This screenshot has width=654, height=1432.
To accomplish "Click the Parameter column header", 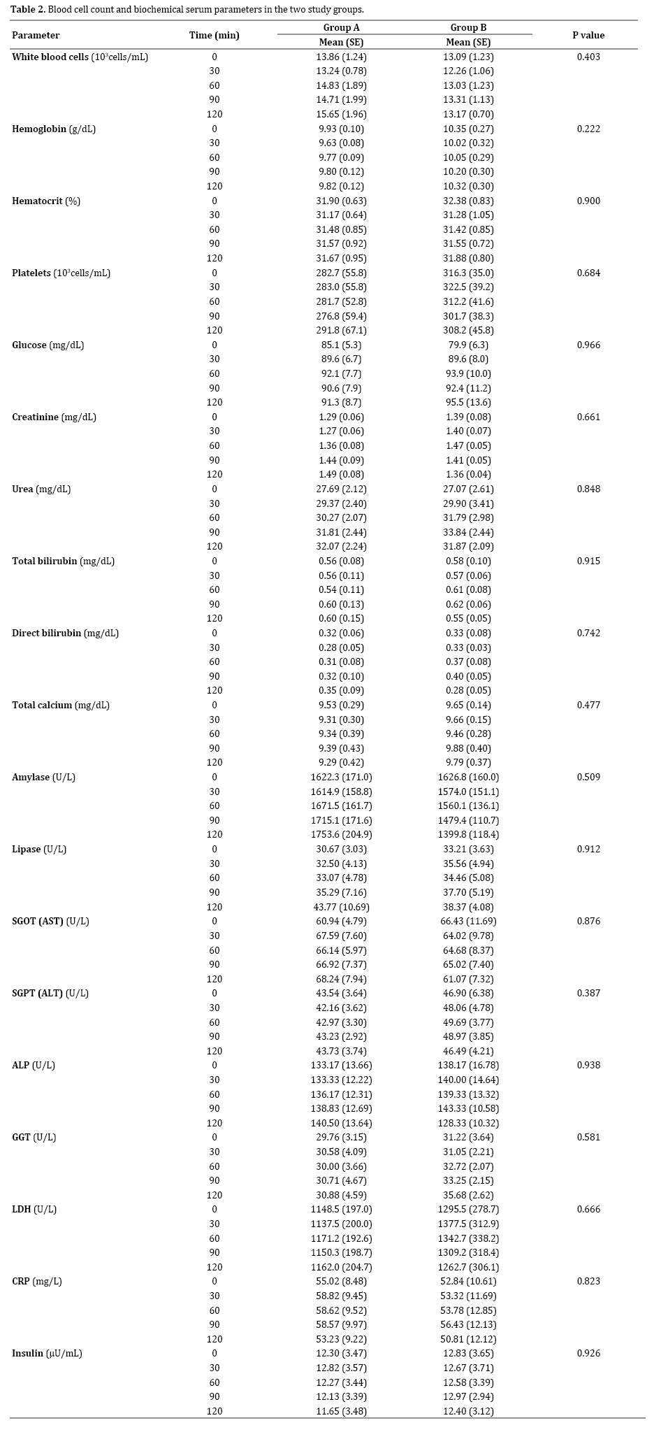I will pyautogui.click(x=36, y=35).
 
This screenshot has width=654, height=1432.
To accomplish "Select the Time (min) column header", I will pyautogui.click(x=215, y=35).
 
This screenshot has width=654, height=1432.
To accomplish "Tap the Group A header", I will pyautogui.click(x=341, y=27).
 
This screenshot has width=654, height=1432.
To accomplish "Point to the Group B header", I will pyautogui.click(x=468, y=27).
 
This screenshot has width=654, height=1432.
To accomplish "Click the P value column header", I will pyautogui.click(x=588, y=35).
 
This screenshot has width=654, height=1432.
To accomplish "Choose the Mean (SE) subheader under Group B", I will pyautogui.click(x=468, y=42).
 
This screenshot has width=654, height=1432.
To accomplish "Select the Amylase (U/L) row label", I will pyautogui.click(x=43, y=777).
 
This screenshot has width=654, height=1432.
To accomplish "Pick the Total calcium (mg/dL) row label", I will pyautogui.click(x=61, y=705).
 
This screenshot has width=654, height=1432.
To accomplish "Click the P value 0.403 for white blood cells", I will pyautogui.click(x=588, y=57).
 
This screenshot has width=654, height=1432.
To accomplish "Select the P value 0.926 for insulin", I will pyautogui.click(x=588, y=1353).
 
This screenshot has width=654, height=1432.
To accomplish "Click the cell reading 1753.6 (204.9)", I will pyautogui.click(x=341, y=834).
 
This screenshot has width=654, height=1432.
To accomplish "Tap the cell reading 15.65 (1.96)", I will pyautogui.click(x=341, y=114).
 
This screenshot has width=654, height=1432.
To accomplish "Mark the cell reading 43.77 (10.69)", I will pyautogui.click(x=341, y=906).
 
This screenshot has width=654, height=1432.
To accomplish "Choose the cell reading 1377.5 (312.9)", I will pyautogui.click(x=468, y=1224).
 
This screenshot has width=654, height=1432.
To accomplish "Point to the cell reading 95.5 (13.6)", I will pyautogui.click(x=468, y=402).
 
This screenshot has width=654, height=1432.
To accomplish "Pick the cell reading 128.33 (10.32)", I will pyautogui.click(x=468, y=1123).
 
